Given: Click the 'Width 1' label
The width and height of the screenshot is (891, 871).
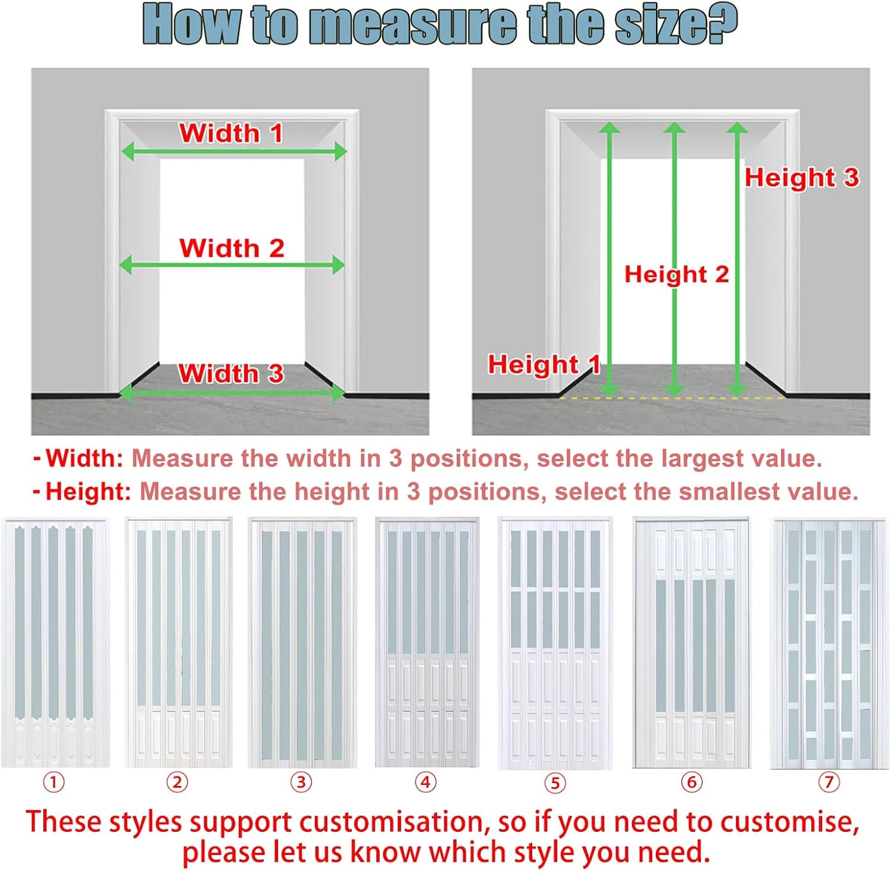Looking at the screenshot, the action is pos(231,133).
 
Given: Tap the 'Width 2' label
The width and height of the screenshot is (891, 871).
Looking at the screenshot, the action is pos(232,248).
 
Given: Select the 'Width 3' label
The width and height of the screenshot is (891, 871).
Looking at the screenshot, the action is pos(231,373).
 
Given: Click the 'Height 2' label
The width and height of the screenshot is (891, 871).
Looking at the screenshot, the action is pos(677,274).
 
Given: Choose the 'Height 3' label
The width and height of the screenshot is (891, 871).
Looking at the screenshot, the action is pos(802,177).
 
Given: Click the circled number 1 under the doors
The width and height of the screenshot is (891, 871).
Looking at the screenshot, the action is pos(53,782).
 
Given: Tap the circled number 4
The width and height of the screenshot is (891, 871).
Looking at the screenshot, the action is pos(425,782).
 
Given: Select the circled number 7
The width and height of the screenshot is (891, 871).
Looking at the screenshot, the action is pos(829,782).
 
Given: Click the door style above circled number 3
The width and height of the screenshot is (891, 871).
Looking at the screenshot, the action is pos(302,643).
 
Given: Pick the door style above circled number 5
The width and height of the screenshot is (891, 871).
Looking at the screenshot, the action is pos(555,643).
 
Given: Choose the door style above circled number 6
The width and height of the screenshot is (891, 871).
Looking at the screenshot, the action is pos(692,643).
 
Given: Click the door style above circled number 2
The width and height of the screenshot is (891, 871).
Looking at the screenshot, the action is pos(178,642).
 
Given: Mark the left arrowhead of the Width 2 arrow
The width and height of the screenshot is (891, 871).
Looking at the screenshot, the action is pos(127,265).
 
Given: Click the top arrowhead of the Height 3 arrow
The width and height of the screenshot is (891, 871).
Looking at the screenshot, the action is pos(737,128).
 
